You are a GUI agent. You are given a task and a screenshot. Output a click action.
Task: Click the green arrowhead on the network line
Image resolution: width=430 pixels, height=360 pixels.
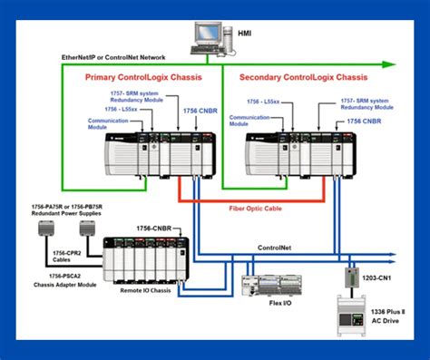388,64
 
